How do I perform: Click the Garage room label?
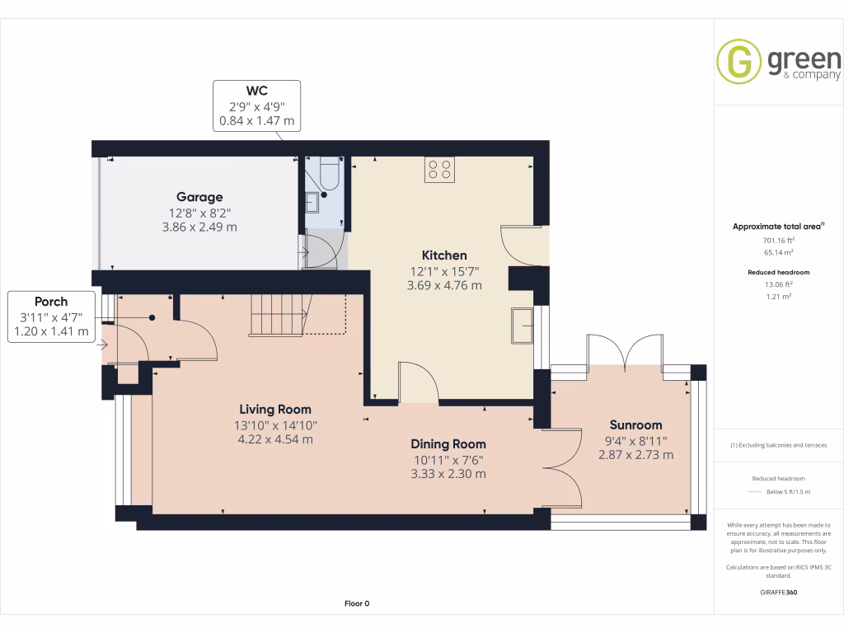199,197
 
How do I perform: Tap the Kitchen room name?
444,256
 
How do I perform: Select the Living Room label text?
275,409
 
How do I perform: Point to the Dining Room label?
448,443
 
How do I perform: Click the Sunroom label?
635,425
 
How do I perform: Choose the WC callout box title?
256,91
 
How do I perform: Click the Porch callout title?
51,302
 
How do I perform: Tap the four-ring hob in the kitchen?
438,169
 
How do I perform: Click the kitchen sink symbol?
522,326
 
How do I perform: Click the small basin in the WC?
312,201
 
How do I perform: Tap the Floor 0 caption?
357,603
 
